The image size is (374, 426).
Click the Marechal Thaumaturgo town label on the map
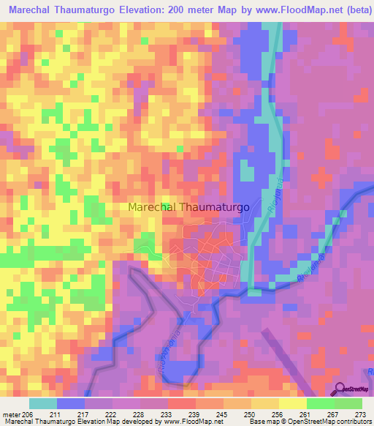tap(188, 207)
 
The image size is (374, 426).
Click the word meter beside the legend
tap(11, 414)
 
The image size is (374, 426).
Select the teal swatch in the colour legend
tap(43, 403)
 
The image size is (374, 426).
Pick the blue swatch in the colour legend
tap(71, 403)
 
